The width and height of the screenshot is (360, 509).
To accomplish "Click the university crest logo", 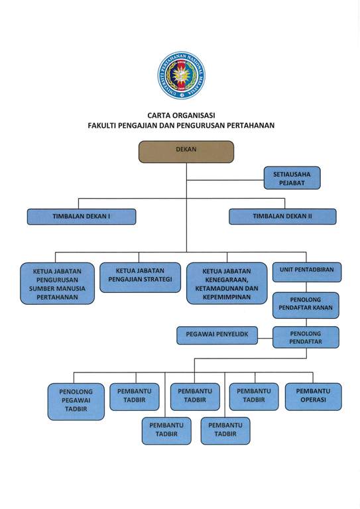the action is (182, 76).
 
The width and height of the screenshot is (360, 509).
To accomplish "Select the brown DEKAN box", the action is (186, 152).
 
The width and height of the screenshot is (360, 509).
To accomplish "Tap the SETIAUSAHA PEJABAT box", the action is (292, 178).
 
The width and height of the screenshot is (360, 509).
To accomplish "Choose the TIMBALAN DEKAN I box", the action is (82, 217).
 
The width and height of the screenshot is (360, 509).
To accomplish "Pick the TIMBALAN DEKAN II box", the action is (282, 217).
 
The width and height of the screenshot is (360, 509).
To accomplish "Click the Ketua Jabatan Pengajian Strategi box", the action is (141, 278).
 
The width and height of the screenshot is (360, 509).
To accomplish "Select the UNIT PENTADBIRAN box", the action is (307, 272).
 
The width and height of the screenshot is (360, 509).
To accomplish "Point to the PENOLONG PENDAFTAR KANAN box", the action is (306, 306).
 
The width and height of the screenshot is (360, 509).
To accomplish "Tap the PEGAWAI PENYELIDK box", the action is (217, 335).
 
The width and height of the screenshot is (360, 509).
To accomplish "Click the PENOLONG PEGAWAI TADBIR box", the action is (76, 402).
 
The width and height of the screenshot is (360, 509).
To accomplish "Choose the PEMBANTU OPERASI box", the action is (313, 397).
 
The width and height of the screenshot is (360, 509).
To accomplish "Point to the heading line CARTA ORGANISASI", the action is (181, 115).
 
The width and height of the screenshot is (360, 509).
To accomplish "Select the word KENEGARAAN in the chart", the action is (227, 280).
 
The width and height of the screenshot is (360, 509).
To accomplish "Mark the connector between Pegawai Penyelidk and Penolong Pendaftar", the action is (265, 338).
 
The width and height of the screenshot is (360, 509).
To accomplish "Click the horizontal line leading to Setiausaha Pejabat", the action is (225, 180).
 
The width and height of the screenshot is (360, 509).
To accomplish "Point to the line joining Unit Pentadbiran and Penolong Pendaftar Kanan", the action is (306, 287).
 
